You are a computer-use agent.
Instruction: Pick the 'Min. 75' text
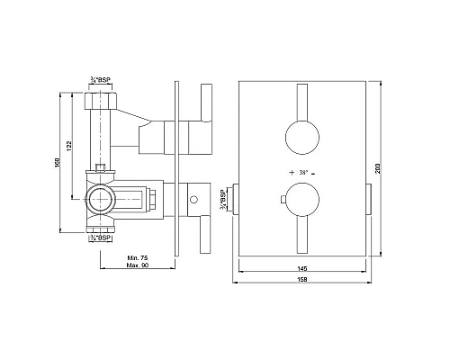[x=138, y=257]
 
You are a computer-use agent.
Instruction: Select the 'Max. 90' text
[x=138, y=266]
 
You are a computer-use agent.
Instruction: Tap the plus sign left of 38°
[x=291, y=171]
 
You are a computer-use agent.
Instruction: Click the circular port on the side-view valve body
[x=100, y=197]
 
